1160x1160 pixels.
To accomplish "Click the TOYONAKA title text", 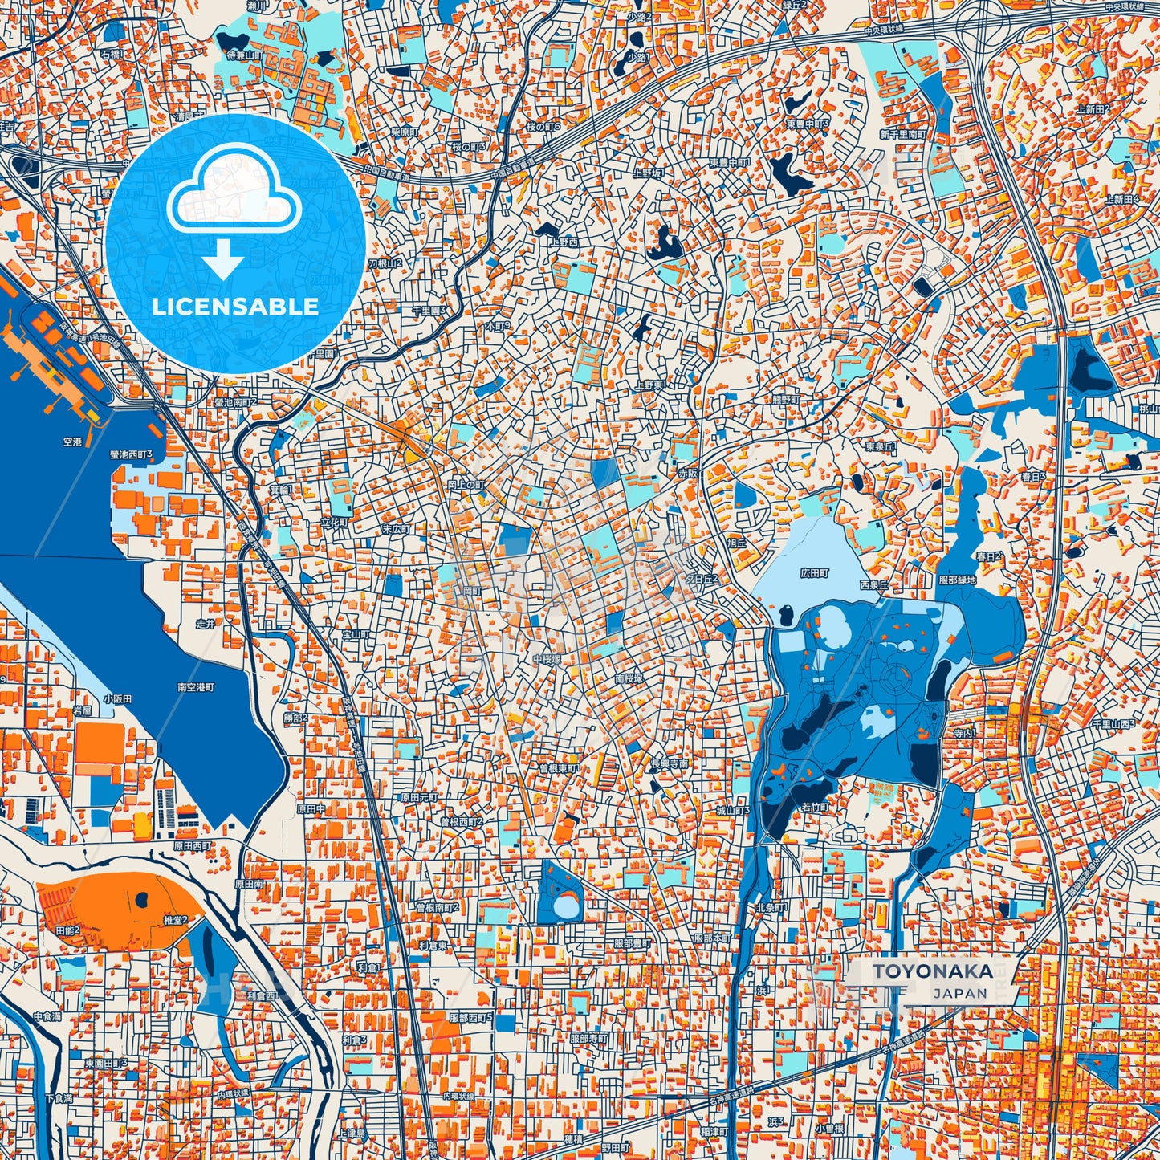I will [x=932, y=971].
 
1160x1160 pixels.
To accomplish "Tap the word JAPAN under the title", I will [x=960, y=993].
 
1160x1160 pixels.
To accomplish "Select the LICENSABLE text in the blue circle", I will [x=235, y=307].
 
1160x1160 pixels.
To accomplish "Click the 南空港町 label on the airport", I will [x=196, y=688].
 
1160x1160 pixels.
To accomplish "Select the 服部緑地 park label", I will [x=957, y=580].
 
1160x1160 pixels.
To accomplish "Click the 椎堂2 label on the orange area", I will [x=174, y=920].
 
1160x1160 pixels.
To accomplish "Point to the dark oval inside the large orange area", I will [x=143, y=900].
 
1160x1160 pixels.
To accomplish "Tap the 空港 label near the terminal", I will [x=72, y=442].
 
